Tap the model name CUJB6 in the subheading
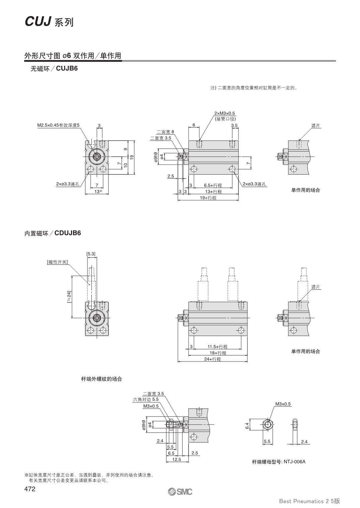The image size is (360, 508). pos(67,69)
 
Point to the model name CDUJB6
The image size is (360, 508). pos(68,233)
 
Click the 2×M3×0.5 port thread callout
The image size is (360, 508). pos(225,113)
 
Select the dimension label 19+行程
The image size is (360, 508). pos(208,198)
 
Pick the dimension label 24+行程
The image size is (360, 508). pos(213,359)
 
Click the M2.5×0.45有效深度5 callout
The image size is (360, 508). pos(58,125)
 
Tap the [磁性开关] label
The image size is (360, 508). pos(57,262)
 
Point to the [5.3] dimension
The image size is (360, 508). pos(91,254)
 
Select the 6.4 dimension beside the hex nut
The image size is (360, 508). pos(247,426)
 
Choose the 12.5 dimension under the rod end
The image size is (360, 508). pos(176,459)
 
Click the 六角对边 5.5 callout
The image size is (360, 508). pos(146,399)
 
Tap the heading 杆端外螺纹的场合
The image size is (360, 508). pos(101,379)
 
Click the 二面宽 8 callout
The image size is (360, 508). pos(165,132)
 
